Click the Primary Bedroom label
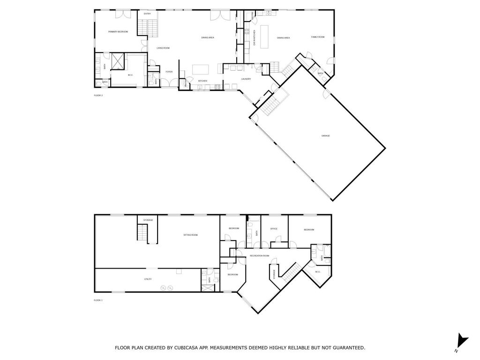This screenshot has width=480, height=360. point(118,31)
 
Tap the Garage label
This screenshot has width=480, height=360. point(325,135)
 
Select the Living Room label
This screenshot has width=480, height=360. point(163,48)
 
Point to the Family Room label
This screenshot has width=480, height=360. point(318,37)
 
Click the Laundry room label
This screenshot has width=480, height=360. point(246,79)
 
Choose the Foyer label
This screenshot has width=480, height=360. point(169,72)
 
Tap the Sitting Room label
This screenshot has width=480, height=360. point(190,235)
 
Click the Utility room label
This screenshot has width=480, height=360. point(148,279)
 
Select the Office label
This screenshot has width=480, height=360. point(274,229)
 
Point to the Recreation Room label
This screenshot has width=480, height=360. point(259,255)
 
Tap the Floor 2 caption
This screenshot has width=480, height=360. point(98,95)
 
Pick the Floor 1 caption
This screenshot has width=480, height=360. point(98,300)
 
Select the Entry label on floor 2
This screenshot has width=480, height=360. point(147,14)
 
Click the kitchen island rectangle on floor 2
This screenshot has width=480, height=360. point(201,69)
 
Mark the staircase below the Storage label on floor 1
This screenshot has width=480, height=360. point(142,232)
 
